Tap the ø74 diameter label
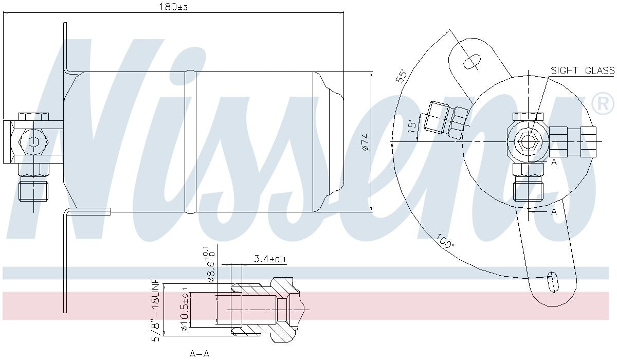[x=365, y=142]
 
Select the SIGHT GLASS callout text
[x=582, y=71]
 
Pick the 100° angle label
[x=445, y=241]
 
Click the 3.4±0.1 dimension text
[x=270, y=259]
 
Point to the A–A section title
[x=199, y=354]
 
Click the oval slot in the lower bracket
[x=552, y=281]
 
